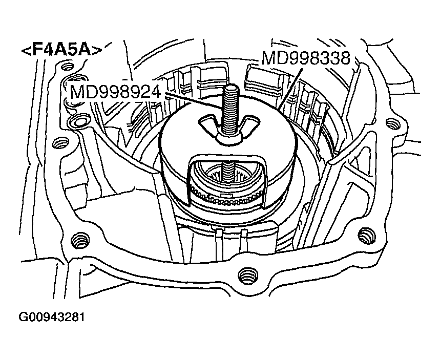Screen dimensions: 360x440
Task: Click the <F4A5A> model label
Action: point(61,50)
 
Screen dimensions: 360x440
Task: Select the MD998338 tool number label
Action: point(305,58)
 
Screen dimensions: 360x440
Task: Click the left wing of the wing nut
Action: point(208,123)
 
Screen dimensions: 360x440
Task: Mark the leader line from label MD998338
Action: point(289,87)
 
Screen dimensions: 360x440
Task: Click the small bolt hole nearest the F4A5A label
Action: point(65,66)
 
